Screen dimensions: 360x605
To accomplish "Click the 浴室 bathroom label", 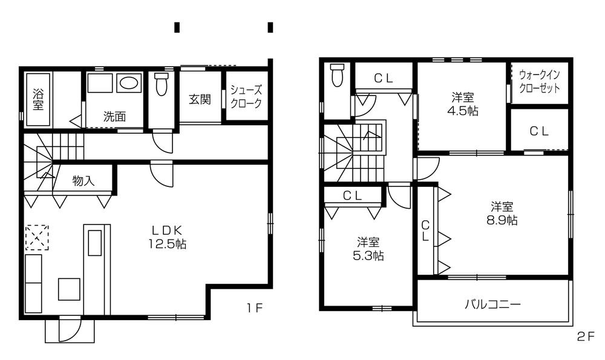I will click(x=38, y=99).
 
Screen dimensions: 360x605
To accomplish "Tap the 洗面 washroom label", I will click(x=114, y=117).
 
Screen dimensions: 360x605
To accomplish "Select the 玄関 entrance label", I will click(x=200, y=99).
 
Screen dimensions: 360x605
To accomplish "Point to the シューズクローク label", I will click(x=246, y=96).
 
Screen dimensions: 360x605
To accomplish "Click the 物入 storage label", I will click(x=83, y=180).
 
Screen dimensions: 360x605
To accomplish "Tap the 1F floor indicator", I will click(x=254, y=307).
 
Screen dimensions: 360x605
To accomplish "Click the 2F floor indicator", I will click(x=585, y=337).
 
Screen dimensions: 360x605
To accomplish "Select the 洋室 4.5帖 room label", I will click(x=463, y=103).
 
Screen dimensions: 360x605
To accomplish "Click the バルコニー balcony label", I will click(x=492, y=304).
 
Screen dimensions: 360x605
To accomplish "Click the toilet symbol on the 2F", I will click(x=337, y=76).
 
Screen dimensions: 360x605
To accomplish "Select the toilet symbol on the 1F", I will click(x=161, y=84).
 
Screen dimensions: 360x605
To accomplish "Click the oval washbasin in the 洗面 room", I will click(x=128, y=82).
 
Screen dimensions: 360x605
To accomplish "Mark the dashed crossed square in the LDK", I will click(x=37, y=237).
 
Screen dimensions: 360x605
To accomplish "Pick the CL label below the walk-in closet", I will click(x=539, y=131).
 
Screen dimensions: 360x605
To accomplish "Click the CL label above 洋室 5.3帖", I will click(x=352, y=195).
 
